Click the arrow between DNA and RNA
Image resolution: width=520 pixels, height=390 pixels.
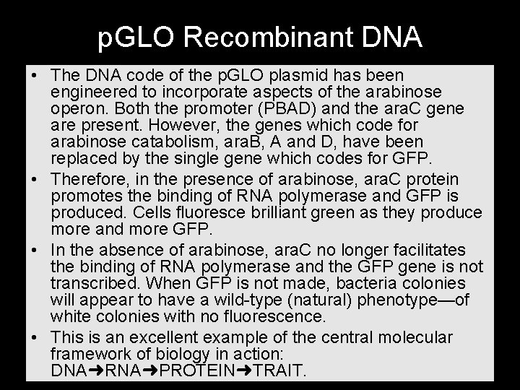91,370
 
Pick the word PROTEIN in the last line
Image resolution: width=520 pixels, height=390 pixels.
192,370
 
